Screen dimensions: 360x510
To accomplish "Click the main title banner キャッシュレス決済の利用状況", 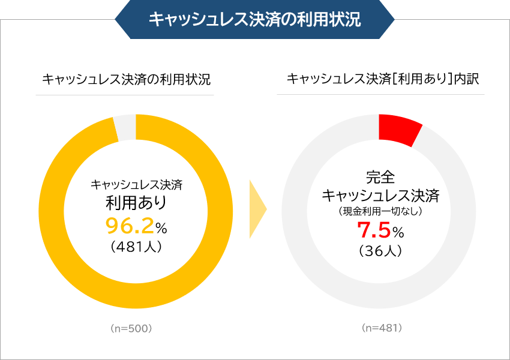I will coord(254,19).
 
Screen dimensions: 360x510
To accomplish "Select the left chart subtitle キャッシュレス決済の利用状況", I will coord(126,79).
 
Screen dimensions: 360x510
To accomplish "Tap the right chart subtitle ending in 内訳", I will coord(381,79).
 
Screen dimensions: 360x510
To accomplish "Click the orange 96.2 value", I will coord(128,226).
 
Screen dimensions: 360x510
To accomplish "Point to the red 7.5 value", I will coord(374,230).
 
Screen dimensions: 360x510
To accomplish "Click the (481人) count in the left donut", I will coord(136,247).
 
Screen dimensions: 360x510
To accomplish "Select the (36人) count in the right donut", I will coord(380,251).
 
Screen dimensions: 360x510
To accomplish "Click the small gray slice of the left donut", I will coord(125,127).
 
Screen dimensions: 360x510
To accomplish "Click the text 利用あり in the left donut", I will coord(136,203).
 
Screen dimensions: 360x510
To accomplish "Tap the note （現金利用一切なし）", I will coord(380,211).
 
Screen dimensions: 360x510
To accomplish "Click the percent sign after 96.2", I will coord(161,227).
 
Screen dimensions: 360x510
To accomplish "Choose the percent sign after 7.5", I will coord(399,232).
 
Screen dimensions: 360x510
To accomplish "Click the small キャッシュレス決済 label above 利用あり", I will coord(136,185).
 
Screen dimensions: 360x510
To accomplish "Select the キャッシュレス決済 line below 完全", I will coord(380,196).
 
